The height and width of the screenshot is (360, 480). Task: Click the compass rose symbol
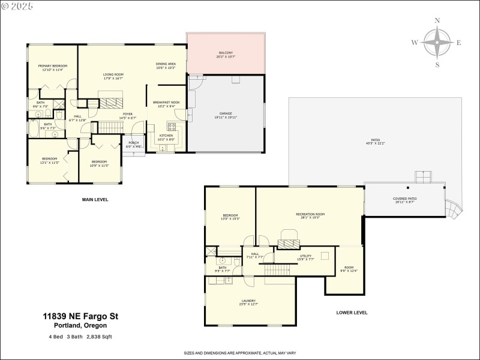pyautogui.click(x=437, y=43)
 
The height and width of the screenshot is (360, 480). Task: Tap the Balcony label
pyautogui.click(x=225, y=55)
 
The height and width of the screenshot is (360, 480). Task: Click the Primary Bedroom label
pyautogui.click(x=53, y=68)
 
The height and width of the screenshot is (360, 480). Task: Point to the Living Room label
pyautogui.click(x=113, y=76)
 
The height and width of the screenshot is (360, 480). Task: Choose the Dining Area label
pyautogui.click(x=166, y=65)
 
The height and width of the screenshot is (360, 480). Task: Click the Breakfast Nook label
pyautogui.click(x=166, y=104)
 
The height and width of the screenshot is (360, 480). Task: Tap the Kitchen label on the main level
pyautogui.click(x=165, y=137)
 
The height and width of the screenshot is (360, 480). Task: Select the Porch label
pyautogui.click(x=134, y=145)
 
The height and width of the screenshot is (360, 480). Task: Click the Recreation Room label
pyautogui.click(x=310, y=216)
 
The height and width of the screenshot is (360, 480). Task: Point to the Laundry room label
pyautogui.click(x=249, y=302)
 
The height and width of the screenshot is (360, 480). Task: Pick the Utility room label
pyautogui.click(x=306, y=257)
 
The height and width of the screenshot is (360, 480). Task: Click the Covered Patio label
pyautogui.click(x=405, y=200)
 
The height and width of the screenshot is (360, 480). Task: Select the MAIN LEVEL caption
pyautogui.click(x=95, y=199)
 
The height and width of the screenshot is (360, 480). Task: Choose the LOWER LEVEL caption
pyautogui.click(x=352, y=313)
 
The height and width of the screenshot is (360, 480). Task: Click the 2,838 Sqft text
pyautogui.click(x=98, y=337)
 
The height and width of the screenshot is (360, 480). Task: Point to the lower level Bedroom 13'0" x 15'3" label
pyautogui.click(x=231, y=217)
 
